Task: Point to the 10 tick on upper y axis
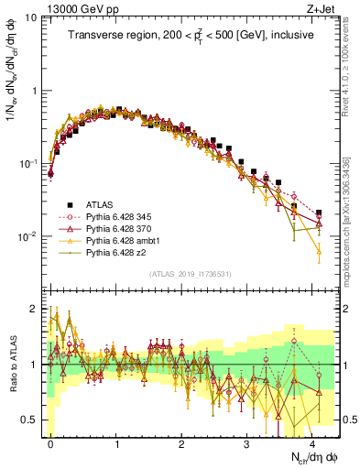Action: coord(30,18)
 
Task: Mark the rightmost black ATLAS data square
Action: coord(318,213)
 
